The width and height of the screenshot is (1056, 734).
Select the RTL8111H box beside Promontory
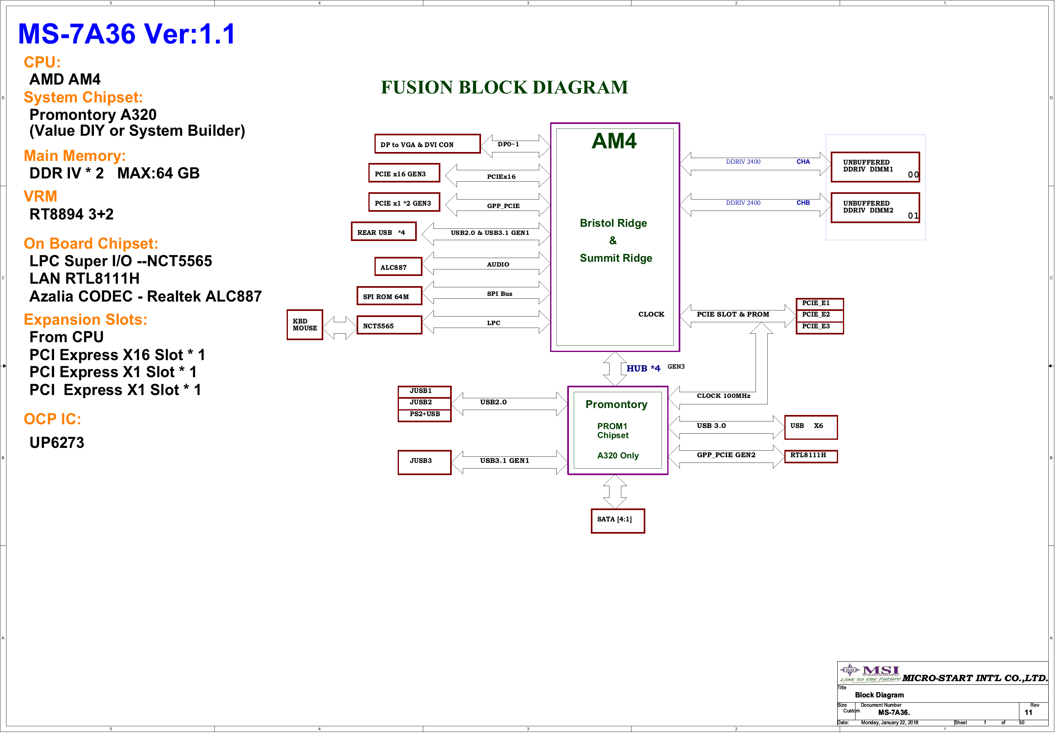point(810,456)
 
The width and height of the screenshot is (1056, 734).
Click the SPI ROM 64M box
point(389,296)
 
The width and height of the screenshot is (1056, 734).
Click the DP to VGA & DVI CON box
point(427,144)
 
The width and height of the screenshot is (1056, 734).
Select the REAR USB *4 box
point(383,232)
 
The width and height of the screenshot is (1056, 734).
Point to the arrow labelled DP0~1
point(515,145)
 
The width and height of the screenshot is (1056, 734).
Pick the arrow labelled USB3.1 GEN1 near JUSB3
point(509,461)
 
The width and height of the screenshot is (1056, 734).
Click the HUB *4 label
point(643,368)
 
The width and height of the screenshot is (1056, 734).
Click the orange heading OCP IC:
point(52,419)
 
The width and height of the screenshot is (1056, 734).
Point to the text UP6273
point(57,442)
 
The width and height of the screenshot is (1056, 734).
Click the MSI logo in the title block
point(870,672)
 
